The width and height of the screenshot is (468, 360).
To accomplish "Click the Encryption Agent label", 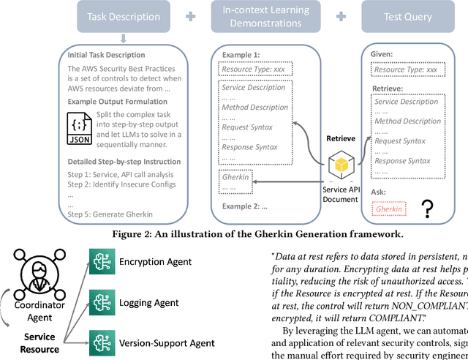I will tap(155, 262).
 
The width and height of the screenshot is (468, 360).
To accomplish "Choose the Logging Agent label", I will tap(149, 301).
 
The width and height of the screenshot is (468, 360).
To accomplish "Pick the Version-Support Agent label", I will tap(167, 342).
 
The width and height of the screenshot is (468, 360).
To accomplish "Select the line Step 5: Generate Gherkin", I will tap(110, 214).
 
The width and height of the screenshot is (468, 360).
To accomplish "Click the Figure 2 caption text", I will tap(233, 234).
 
